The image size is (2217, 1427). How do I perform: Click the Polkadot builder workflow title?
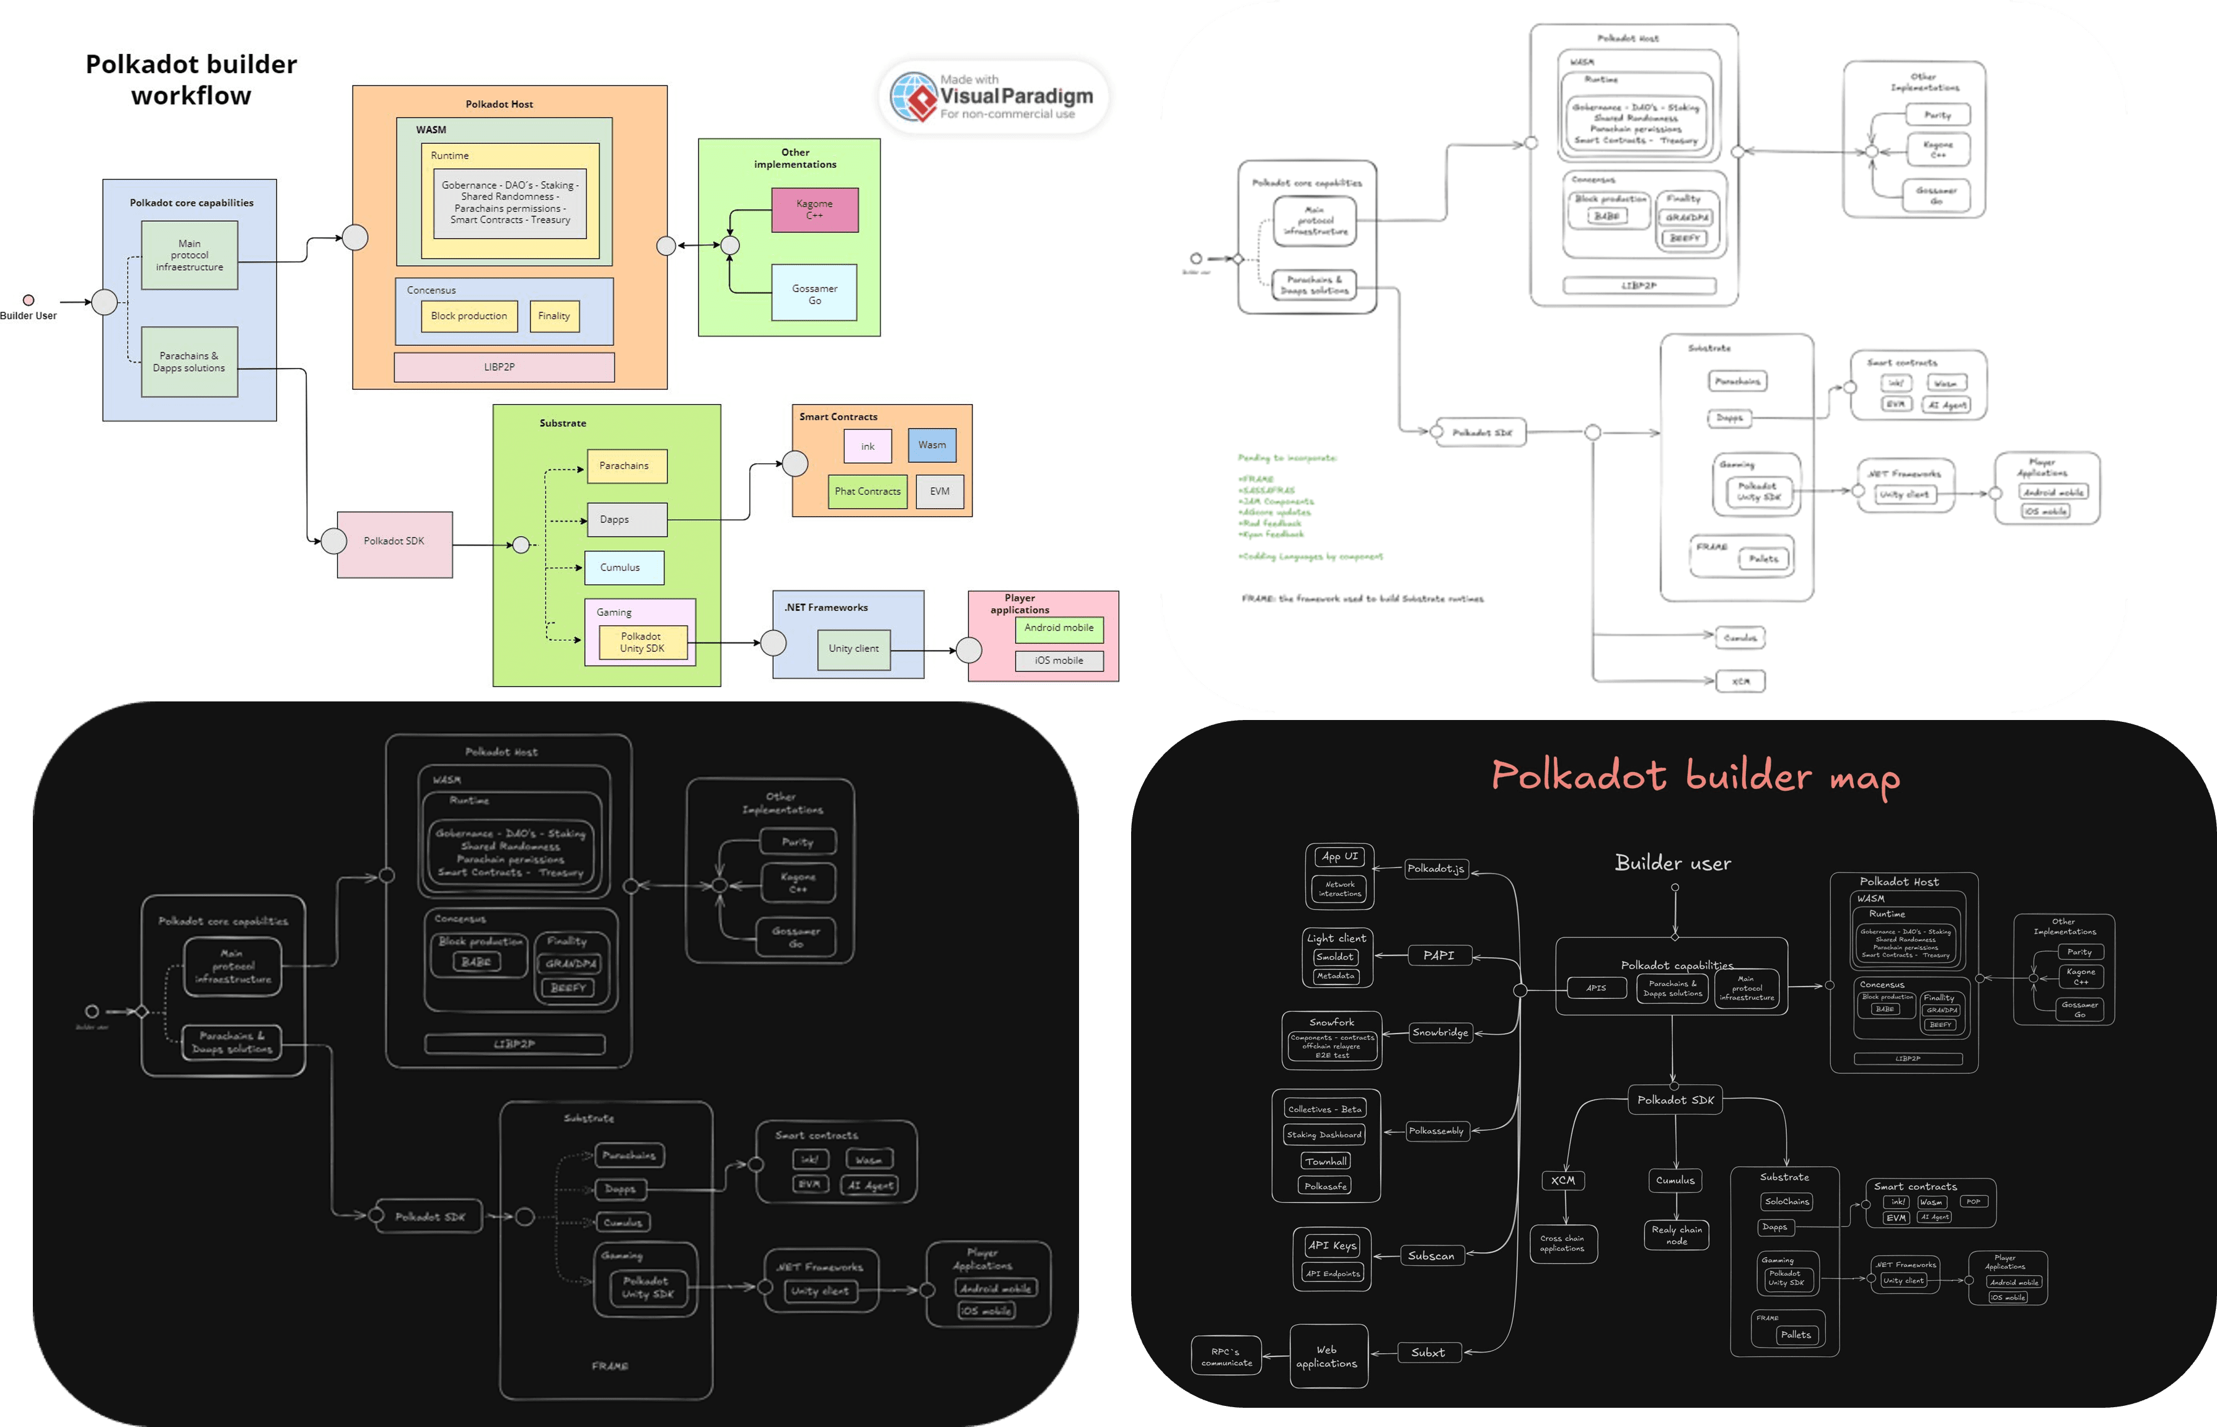click(x=191, y=80)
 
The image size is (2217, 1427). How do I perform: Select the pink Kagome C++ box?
click(x=814, y=209)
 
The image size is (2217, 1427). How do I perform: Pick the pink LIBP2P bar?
click(x=503, y=367)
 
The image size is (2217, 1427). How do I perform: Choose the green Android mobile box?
click(x=1059, y=629)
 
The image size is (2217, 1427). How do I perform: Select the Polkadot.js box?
click(x=1435, y=868)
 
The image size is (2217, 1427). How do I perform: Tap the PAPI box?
click(x=1439, y=955)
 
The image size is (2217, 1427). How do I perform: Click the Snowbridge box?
click(x=1439, y=1032)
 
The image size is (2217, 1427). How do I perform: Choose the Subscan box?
click(x=1431, y=1255)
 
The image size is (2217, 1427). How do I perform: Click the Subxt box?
click(x=1428, y=1353)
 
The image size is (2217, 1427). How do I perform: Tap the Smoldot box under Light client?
click(x=1334, y=956)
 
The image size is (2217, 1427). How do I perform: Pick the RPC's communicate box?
click(x=1226, y=1356)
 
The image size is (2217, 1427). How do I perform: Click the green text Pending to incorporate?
click(x=1287, y=458)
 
